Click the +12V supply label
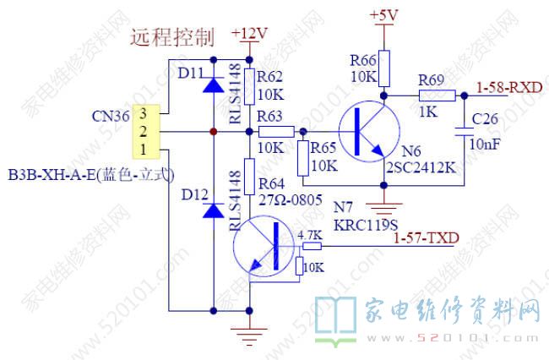[x=250, y=34]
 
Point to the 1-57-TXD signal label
[x=427, y=238]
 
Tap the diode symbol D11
[x=212, y=84]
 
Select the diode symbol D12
[x=212, y=208]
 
